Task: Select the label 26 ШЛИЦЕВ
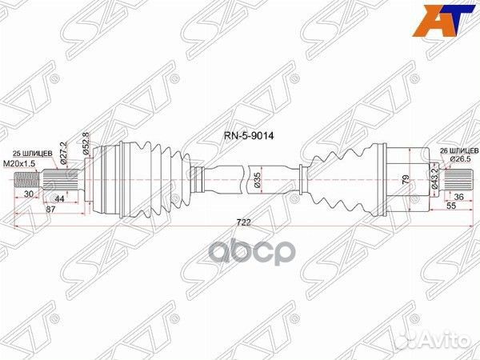pyautogui.click(x=451, y=150)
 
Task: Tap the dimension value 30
pyautogui.click(x=29, y=194)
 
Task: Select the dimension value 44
pyautogui.click(x=60, y=198)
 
